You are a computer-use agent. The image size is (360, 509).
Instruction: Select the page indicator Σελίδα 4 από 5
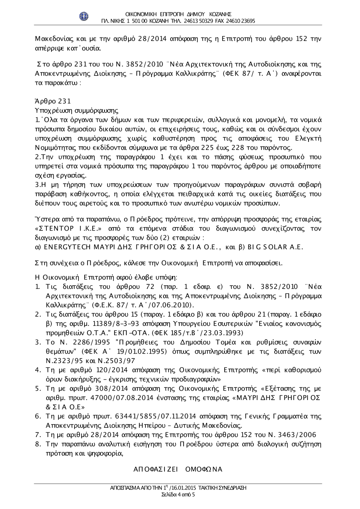point(179,495)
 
